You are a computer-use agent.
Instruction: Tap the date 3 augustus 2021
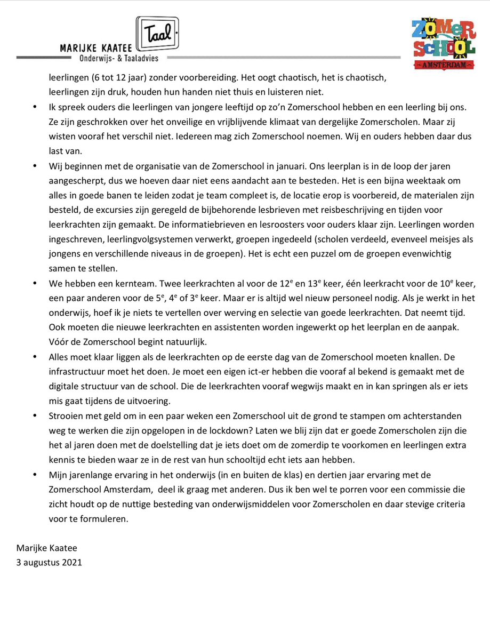click(49, 562)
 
